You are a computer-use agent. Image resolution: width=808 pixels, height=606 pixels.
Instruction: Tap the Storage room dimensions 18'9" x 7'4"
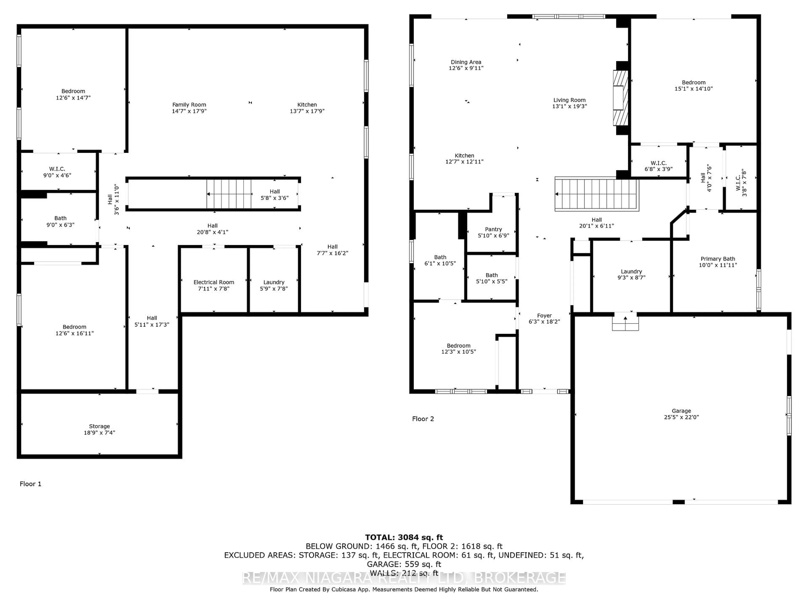(x=99, y=432)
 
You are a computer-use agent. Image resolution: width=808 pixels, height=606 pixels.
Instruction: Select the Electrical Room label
(x=214, y=282)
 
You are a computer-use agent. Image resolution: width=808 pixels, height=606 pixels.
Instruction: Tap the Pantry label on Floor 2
(x=493, y=229)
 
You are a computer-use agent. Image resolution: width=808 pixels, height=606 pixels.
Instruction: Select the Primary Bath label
(x=717, y=259)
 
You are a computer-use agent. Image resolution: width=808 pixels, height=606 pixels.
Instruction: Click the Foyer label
(x=544, y=316)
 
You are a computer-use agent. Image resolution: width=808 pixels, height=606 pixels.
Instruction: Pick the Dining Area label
(x=466, y=62)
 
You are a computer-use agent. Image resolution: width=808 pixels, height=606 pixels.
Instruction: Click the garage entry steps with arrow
(x=625, y=322)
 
